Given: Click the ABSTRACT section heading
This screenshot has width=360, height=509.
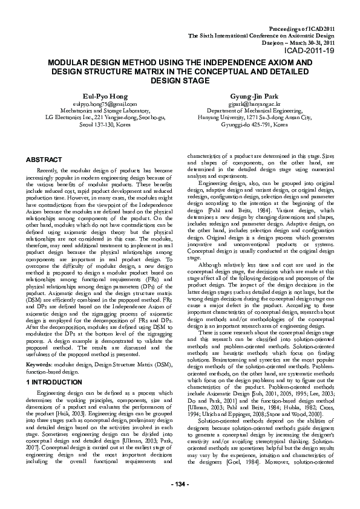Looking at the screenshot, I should [44, 158].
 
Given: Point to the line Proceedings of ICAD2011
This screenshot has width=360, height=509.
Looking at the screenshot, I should [301, 29].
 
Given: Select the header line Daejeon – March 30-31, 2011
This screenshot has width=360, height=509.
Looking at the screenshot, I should [295, 44].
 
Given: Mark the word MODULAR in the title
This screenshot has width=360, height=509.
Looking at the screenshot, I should [71, 63].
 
